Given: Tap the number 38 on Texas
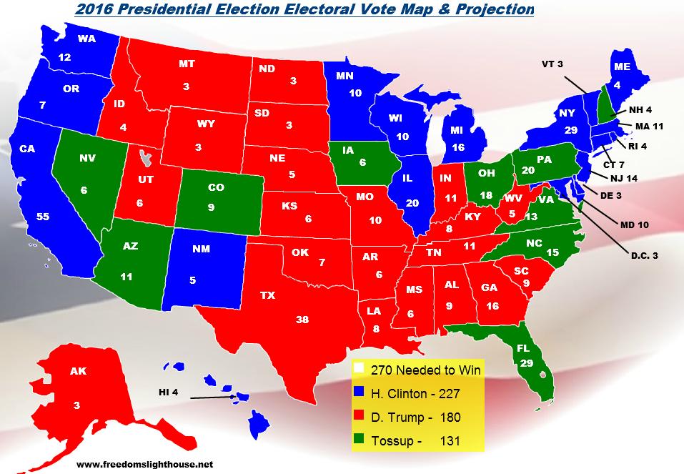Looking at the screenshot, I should click(302, 320).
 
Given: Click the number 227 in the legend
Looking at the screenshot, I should click(465, 393).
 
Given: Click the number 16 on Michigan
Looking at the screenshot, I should click(458, 147).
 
